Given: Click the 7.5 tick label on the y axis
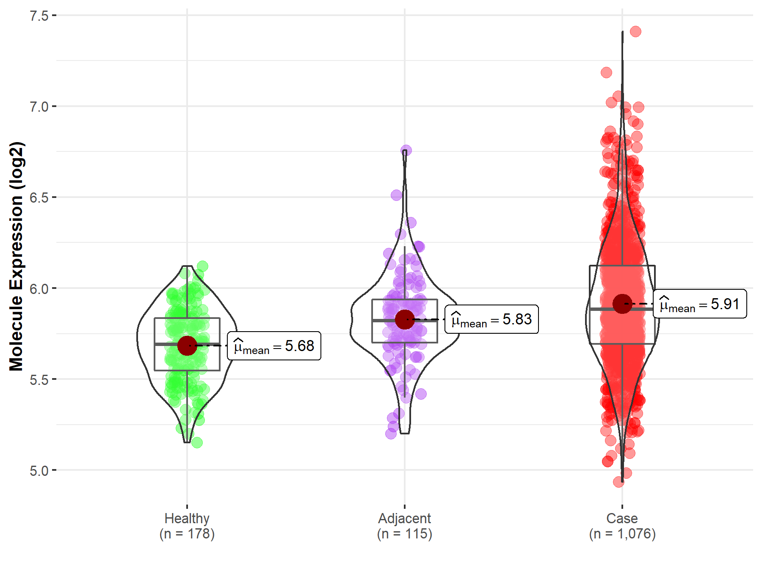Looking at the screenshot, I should click(x=39, y=16).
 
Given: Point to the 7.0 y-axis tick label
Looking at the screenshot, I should click(x=39, y=107).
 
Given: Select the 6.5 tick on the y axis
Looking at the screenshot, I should click(x=39, y=198).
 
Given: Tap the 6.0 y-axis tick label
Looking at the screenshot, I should click(x=39, y=288).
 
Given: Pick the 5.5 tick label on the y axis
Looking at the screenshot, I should click(x=39, y=379).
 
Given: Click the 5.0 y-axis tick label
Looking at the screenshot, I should click(x=39, y=470).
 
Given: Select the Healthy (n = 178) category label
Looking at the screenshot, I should click(x=187, y=526).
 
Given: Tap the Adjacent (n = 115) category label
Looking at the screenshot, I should click(x=405, y=526).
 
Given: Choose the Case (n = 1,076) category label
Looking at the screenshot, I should click(x=622, y=526).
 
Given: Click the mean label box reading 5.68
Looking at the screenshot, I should click(x=274, y=346).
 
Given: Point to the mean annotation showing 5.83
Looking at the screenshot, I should click(x=492, y=319).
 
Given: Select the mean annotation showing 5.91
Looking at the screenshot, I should click(x=700, y=304).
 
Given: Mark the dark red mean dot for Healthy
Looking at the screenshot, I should click(x=187, y=346).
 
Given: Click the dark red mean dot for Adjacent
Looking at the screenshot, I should click(x=405, y=319).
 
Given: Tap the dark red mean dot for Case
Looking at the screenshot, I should click(x=622, y=304).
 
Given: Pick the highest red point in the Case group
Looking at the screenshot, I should click(x=635, y=31).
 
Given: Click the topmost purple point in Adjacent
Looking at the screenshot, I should click(x=406, y=150).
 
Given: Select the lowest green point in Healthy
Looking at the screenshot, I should click(x=197, y=443).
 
